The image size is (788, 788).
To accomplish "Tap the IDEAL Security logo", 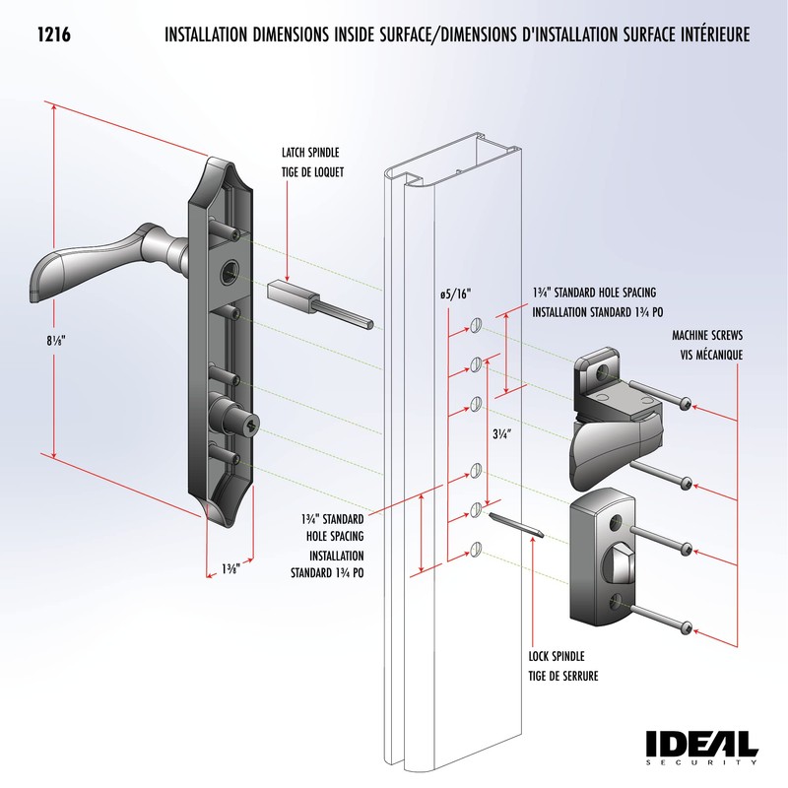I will click(701, 747).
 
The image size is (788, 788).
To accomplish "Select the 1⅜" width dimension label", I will click(231, 568).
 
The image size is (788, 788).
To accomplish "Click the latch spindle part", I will click(315, 300).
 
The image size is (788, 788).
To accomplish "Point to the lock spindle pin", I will click(515, 524).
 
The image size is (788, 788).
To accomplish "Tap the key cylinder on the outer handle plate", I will click(248, 426).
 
